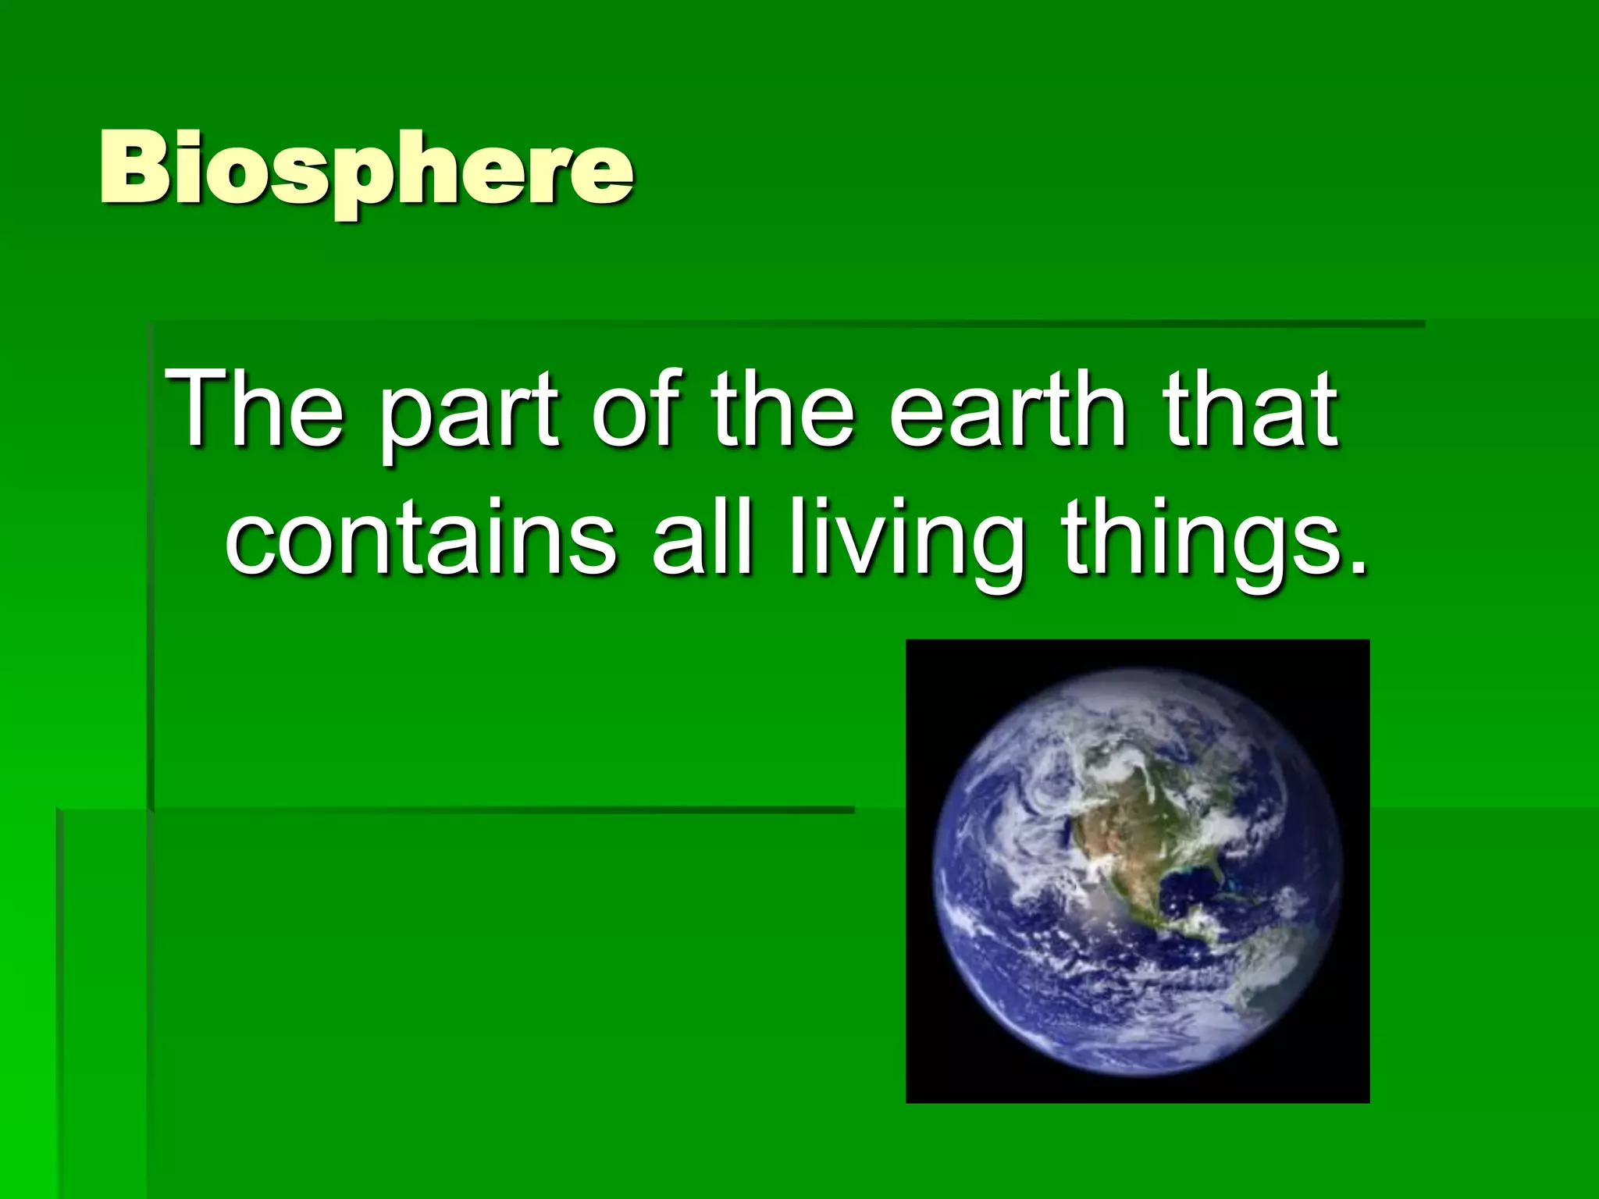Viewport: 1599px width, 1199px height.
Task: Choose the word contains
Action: click(422, 539)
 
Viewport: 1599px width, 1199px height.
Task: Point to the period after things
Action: click(1358, 567)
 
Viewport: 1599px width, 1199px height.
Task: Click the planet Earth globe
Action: click(1138, 870)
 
